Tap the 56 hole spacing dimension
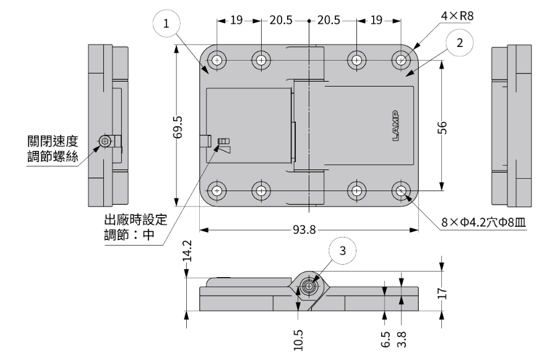click(442, 126)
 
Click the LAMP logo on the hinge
click(396, 126)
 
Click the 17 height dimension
click(442, 293)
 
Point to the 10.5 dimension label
click(298, 338)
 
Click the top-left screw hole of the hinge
click(217, 61)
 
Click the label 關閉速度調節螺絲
click(53, 148)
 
